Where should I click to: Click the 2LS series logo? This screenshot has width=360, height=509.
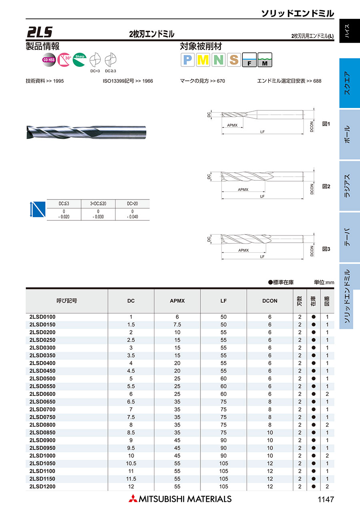pos(40,32)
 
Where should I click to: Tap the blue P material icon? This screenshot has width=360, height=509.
pos(187,60)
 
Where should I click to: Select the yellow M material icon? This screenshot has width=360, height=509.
pos(203,60)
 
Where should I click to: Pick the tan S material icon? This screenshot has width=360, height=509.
pos(234,60)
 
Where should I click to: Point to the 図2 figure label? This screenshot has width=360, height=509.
pos(326,186)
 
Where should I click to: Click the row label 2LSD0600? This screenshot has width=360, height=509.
pos(42,394)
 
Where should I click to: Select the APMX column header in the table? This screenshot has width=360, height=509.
pos(177,301)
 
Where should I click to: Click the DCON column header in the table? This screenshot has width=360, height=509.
pos(270,301)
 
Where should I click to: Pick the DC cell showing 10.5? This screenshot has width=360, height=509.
pos(131,463)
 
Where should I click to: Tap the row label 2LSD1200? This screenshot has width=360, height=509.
pos(42,486)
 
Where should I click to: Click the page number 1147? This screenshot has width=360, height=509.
pos(325,499)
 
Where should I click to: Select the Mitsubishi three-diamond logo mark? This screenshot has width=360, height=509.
pos(132,499)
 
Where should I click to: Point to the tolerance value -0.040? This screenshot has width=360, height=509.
pos(132,217)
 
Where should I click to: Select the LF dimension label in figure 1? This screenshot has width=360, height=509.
pos(262,132)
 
